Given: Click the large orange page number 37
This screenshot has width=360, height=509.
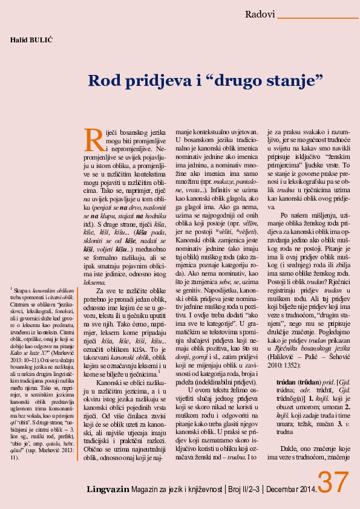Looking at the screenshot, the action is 334,484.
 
